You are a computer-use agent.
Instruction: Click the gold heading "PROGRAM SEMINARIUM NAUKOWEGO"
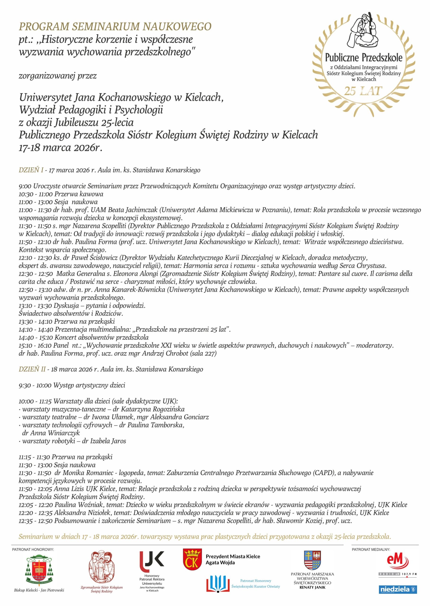[115, 27]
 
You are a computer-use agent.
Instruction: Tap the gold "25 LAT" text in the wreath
[363, 91]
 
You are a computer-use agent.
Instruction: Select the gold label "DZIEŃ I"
[31, 170]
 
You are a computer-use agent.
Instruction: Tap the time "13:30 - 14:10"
[35, 321]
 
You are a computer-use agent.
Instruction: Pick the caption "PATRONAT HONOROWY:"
[33, 550]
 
